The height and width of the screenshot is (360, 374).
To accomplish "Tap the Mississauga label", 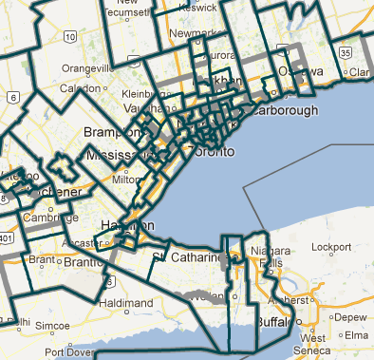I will click(x=119, y=155).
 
